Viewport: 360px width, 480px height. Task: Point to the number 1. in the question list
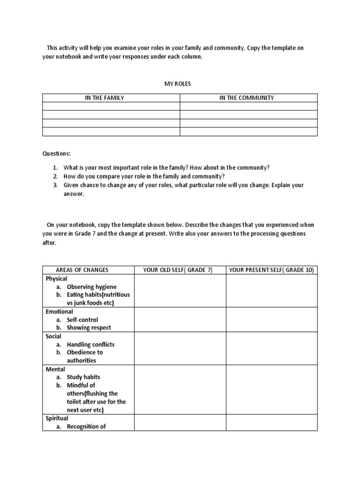[x=55, y=167]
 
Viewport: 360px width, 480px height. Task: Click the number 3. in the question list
[x=55, y=185]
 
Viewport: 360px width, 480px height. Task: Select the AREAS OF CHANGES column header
[x=82, y=270]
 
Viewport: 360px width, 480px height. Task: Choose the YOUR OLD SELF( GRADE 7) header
[x=178, y=270]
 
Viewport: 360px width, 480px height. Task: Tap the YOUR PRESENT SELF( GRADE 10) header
[x=271, y=270]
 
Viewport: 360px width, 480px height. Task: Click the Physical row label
[x=56, y=278]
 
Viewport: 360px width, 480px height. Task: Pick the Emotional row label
[x=59, y=311]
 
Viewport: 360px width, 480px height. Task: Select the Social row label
[x=53, y=336]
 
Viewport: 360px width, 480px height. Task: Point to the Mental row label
[x=55, y=369]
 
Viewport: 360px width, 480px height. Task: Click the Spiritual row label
[x=57, y=418]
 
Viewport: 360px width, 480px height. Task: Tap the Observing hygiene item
[x=91, y=286]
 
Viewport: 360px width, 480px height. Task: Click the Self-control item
[x=82, y=320]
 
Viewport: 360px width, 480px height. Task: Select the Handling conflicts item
[x=90, y=344]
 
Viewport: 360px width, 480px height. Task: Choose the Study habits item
[x=83, y=377]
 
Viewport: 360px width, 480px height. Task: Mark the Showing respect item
[x=89, y=328]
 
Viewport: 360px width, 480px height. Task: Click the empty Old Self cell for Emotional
[x=180, y=320]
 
